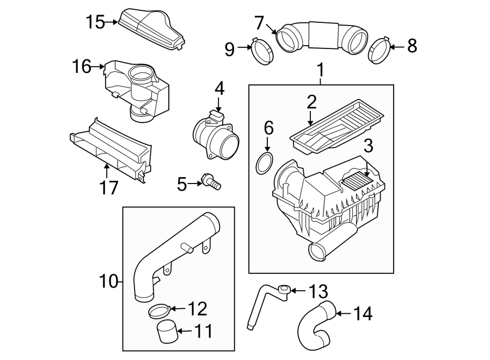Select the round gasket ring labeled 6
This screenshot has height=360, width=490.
point(265,163)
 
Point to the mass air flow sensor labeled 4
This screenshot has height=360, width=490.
point(216,136)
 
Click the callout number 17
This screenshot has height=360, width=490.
point(108,188)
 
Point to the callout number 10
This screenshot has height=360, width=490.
point(108,282)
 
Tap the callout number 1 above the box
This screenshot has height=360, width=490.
point(321,70)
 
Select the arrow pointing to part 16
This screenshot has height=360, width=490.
point(100,66)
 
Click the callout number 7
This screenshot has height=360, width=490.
point(259,23)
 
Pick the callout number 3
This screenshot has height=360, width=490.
point(368,147)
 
